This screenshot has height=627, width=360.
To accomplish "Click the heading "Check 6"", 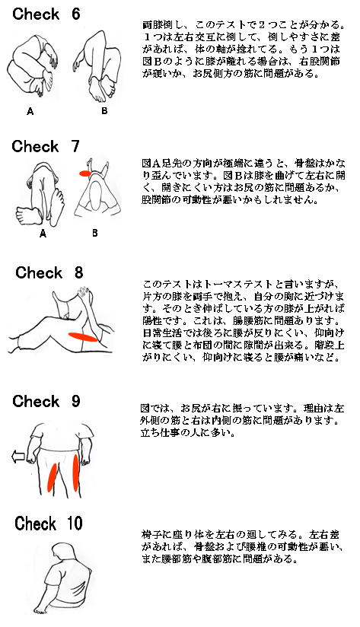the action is click(46, 14).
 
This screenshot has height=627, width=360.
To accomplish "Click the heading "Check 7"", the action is click(46, 146).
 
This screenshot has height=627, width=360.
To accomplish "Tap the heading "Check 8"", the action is click(49, 272).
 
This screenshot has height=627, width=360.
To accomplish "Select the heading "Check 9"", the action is click(46, 401).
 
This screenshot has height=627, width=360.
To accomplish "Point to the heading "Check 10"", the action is click(49, 524).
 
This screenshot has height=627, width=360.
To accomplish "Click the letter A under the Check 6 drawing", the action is click(30, 112).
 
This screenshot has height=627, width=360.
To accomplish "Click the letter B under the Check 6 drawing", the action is click(104, 111).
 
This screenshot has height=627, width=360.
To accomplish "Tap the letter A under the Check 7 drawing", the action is click(43, 234).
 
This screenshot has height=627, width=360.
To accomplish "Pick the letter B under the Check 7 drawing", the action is click(95, 232).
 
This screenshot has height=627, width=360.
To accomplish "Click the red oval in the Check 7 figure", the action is click(85, 173).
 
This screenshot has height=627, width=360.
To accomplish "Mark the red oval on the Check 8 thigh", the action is click(83, 337).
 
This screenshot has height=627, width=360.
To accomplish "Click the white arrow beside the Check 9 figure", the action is click(19, 457).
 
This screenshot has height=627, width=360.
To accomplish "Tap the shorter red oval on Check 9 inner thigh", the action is click(52, 477).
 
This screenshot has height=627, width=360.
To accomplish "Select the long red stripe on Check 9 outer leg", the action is click(75, 473).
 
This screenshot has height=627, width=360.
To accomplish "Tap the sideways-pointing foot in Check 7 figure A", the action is click(29, 215).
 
